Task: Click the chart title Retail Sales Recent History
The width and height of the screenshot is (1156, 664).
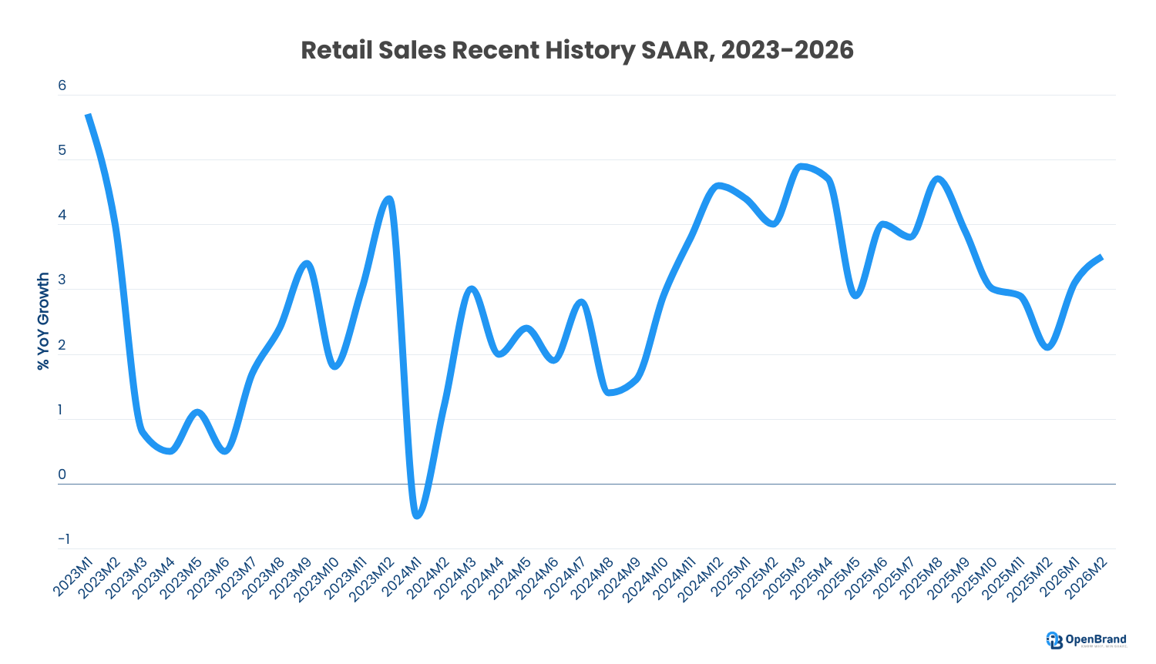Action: point(576,50)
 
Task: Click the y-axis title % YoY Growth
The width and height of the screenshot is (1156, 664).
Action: point(44,320)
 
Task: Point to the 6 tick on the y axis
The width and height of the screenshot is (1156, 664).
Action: point(62,86)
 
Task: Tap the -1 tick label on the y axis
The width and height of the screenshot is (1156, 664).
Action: point(62,539)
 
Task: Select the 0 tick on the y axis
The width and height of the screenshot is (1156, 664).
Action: point(62,475)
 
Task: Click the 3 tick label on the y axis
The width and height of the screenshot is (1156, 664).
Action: point(62,280)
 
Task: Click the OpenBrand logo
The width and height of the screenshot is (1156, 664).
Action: point(1087,640)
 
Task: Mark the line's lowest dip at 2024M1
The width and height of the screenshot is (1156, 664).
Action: point(417,515)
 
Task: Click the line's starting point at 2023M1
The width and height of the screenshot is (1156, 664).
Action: point(89,115)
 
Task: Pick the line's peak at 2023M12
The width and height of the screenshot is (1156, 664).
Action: point(389,199)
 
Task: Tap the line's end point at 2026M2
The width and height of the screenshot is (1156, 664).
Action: point(1102,257)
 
